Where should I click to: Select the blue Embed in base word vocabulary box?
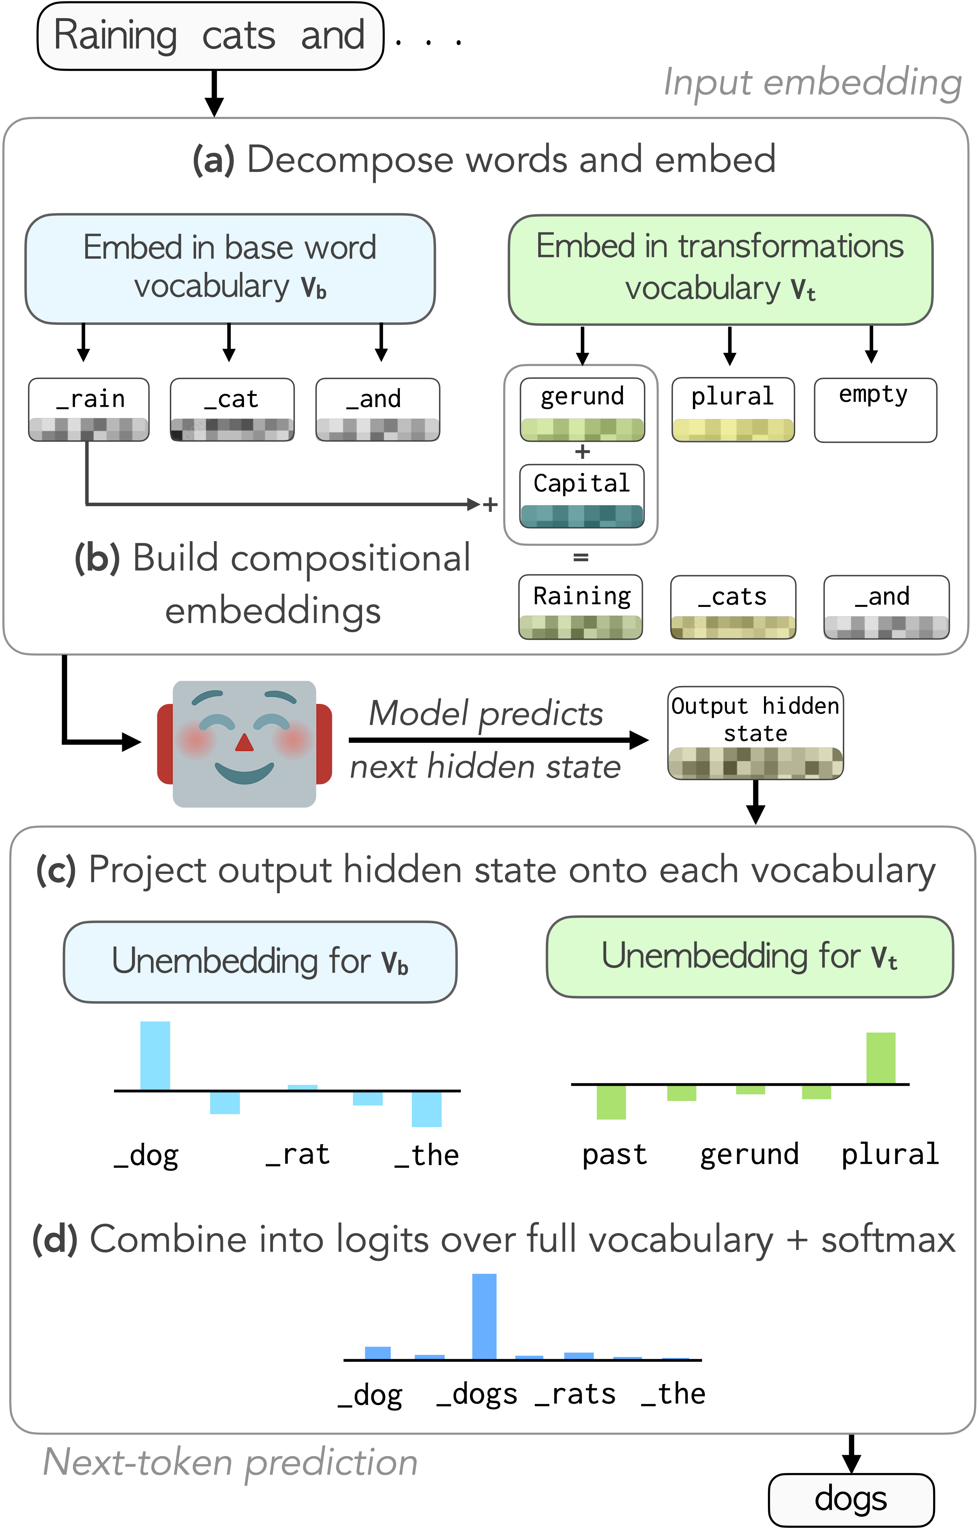point(230,269)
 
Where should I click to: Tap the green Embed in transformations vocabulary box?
point(720,270)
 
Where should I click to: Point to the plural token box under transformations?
point(733,409)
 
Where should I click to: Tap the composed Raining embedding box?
point(581,607)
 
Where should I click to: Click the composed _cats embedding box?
point(733,607)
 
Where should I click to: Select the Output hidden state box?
point(755,733)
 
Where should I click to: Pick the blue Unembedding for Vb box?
point(260,961)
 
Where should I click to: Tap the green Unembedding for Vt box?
point(750,956)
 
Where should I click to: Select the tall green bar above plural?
point(881,1058)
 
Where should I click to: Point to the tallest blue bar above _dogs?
point(484,1316)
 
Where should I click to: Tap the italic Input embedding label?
point(812,83)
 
